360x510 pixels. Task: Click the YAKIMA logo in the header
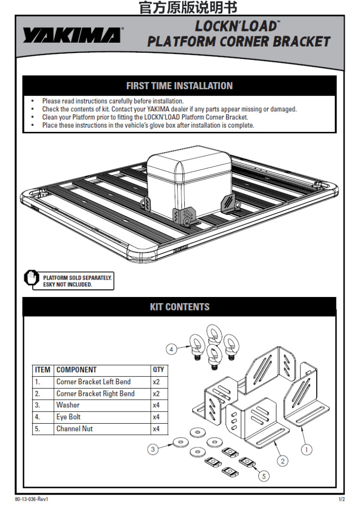pyautogui.click(x=72, y=35)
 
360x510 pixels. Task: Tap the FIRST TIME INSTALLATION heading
pyautogui.click(x=180, y=86)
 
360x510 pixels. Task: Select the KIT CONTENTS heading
pyautogui.click(x=180, y=307)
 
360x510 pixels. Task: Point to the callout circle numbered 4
pyautogui.click(x=171, y=350)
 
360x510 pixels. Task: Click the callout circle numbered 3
pyautogui.click(x=153, y=450)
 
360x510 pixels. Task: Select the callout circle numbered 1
pyautogui.click(x=306, y=450)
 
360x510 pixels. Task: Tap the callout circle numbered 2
pyautogui.click(x=282, y=461)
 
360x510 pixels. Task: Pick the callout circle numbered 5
pyautogui.click(x=264, y=476)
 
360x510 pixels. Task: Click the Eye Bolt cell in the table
pyautogui.click(x=68, y=417)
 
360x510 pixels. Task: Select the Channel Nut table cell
pyautogui.click(x=74, y=429)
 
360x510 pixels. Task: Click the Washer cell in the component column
pyautogui.click(x=68, y=405)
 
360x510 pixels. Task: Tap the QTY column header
pyautogui.click(x=158, y=370)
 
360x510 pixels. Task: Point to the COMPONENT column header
pyautogui.click(x=76, y=370)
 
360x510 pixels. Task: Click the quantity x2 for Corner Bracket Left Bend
pyautogui.click(x=156, y=382)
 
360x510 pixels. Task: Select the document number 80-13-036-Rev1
pyautogui.click(x=31, y=499)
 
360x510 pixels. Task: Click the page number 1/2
pyautogui.click(x=341, y=499)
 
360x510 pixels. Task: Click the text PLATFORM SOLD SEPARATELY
pyautogui.click(x=77, y=278)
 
